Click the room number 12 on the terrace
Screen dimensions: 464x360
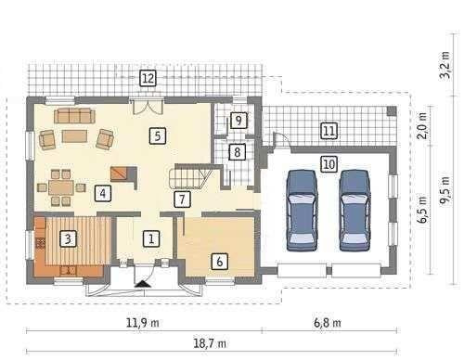point(148,78)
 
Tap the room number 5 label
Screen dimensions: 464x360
point(158,135)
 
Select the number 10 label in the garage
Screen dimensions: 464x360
point(329,163)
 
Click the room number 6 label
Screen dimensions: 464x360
point(220,262)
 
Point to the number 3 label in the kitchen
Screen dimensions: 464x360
point(68,238)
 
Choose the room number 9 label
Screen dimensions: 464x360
point(238,121)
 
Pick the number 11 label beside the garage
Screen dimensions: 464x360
point(329,130)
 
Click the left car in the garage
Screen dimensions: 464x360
point(302,210)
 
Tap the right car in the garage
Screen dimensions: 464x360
point(354,210)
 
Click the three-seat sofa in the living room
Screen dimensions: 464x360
point(74,116)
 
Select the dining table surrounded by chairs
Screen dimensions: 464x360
point(62,187)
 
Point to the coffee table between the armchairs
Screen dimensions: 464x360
point(74,136)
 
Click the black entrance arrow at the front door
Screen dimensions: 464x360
point(143,284)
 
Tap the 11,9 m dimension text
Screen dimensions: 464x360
point(143,323)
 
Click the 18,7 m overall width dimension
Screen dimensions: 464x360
point(210,343)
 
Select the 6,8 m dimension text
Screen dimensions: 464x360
point(328,323)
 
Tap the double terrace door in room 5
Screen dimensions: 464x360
point(148,107)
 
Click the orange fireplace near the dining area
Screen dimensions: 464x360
point(119,174)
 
